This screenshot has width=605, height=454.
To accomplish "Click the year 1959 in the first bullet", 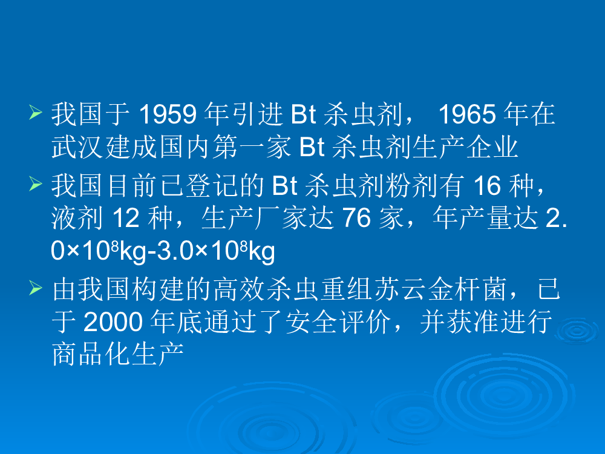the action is pyautogui.click(x=168, y=114).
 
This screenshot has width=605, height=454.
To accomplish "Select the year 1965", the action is pyautogui.click(x=467, y=114).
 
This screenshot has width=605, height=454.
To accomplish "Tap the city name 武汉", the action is pyautogui.click(x=77, y=147).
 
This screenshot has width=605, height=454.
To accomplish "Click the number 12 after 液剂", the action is pyautogui.click(x=126, y=218).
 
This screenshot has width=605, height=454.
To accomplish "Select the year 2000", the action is pyautogui.click(x=113, y=322).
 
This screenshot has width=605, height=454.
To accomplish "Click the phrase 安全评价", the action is pyautogui.click(x=338, y=322).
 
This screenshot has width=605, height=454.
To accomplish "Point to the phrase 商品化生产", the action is pyautogui.click(x=118, y=354).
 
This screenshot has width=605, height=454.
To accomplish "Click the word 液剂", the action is pyautogui.click(x=77, y=218).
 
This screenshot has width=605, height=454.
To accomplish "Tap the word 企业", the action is pyautogui.click(x=491, y=147).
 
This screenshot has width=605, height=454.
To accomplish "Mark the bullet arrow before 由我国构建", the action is pyautogui.click(x=36, y=288).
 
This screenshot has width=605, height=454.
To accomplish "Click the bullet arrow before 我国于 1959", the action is pyautogui.click(x=36, y=113).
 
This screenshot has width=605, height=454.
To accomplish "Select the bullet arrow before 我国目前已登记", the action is pyautogui.click(x=36, y=184).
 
